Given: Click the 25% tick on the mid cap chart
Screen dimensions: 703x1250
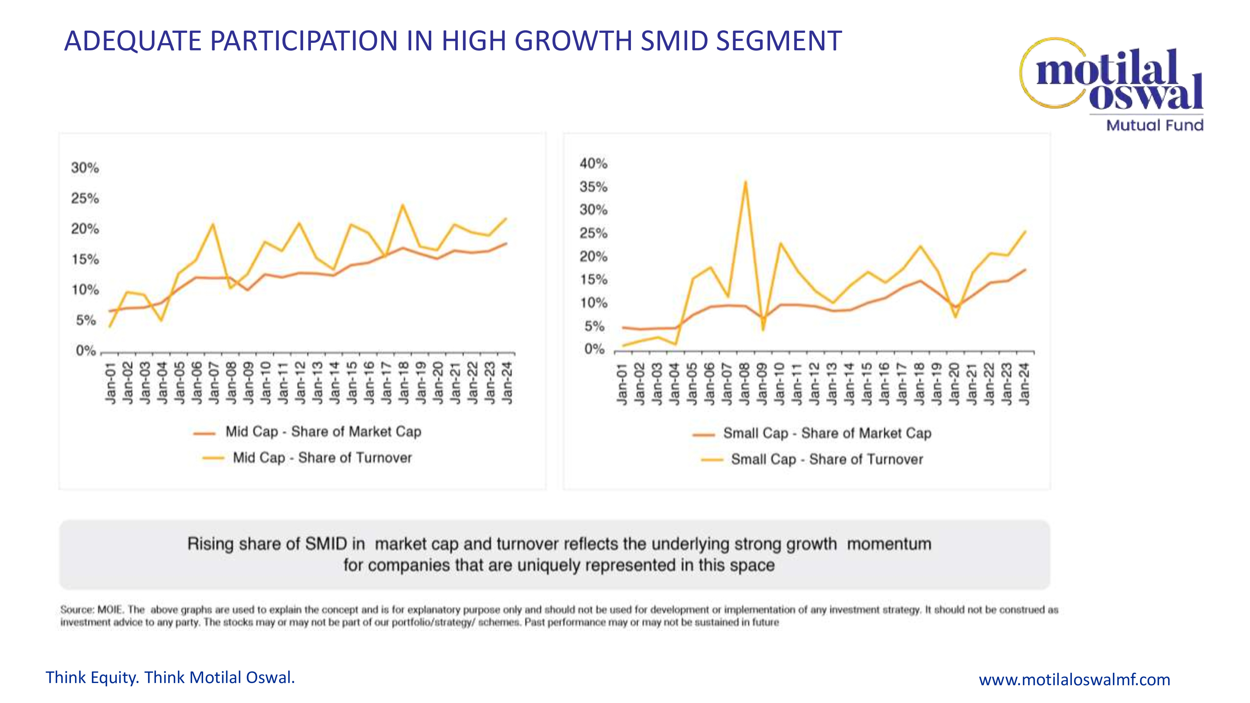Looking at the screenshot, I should click(85, 198).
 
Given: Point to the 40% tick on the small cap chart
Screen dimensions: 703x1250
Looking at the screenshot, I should click(593, 163).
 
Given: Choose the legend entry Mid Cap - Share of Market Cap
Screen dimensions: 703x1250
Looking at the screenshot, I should click(323, 432).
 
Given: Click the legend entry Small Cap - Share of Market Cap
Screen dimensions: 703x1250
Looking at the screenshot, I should click(827, 433).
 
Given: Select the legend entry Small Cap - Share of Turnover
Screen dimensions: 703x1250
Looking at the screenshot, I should click(827, 459).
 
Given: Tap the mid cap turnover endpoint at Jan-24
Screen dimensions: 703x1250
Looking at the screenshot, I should click(506, 218).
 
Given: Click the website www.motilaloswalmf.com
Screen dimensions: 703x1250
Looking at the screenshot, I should click(1074, 679).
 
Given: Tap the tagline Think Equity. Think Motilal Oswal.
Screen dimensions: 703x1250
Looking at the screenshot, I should click(170, 677).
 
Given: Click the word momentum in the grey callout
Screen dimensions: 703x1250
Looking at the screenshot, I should click(889, 544).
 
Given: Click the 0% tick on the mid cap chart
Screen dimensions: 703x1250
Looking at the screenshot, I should click(86, 351).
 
